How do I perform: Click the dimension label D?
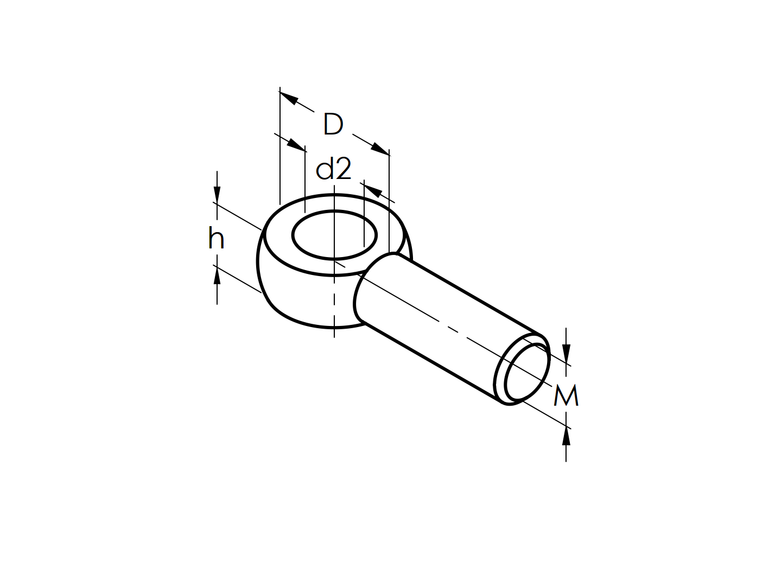[333, 124]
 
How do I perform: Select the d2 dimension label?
[333, 169]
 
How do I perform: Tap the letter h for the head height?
[216, 239]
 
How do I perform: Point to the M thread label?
[565, 396]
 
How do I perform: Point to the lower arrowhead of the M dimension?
[567, 436]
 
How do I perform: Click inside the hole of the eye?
[334, 235]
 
